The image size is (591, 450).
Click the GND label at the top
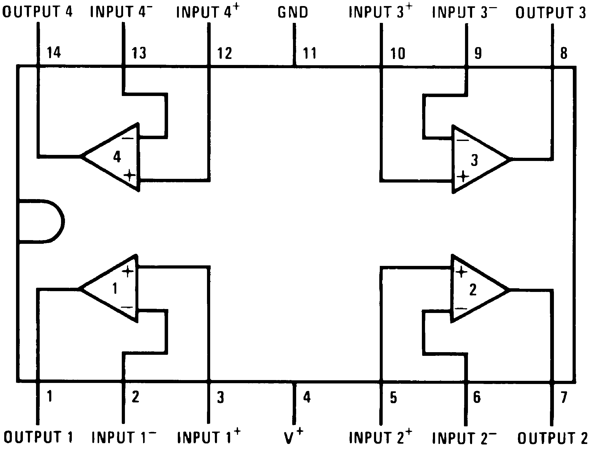point(292,12)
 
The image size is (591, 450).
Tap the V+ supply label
point(293,437)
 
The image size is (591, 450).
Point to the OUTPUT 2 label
point(552,438)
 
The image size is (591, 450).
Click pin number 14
point(54,52)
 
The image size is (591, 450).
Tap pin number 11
point(310,53)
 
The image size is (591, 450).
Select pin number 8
point(564,53)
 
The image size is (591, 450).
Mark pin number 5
point(393,397)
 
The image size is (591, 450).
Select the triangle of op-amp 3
point(477,159)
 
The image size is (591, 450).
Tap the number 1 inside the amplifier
point(115,289)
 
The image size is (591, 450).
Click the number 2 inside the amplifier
point(473,290)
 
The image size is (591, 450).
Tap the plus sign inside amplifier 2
point(461,272)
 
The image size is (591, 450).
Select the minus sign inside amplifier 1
point(127,307)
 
